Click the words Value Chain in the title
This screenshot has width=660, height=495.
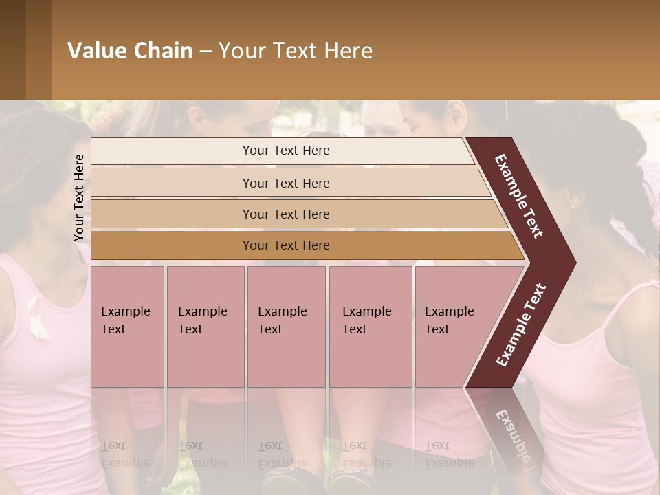(x=130, y=51)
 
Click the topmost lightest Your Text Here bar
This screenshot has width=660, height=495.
(x=285, y=151)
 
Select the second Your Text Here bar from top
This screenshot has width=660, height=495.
(x=286, y=183)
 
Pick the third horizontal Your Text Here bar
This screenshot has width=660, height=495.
(x=286, y=214)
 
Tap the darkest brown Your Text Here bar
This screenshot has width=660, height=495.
(x=286, y=245)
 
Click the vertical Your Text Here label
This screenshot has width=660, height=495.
(x=80, y=197)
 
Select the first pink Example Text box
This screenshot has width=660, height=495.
(x=127, y=327)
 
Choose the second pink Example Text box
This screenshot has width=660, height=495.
(x=205, y=327)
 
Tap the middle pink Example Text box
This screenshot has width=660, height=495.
(x=286, y=327)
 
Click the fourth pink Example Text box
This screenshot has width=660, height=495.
(x=371, y=327)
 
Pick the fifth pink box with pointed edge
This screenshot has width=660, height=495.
(x=461, y=327)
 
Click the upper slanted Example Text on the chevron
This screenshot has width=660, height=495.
(x=520, y=196)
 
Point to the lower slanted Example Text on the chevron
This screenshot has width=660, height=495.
(x=521, y=325)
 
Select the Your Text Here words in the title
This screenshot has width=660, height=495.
(x=295, y=51)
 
